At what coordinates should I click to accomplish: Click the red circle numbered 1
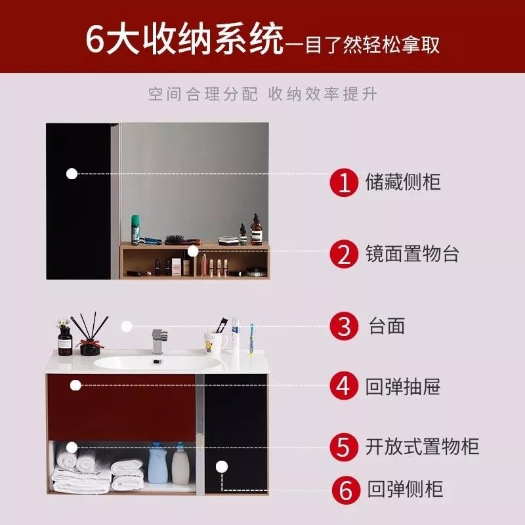[x=345, y=182]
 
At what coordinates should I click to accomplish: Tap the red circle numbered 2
[x=345, y=254]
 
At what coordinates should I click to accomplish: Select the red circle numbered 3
[x=345, y=326]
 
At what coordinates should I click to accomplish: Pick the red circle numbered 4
[x=345, y=386]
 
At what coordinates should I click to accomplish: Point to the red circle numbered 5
[x=345, y=447]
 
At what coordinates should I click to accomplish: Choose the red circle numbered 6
[x=346, y=490]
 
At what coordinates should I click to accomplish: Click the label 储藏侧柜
[x=403, y=182]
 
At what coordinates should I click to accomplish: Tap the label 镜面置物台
[x=412, y=253]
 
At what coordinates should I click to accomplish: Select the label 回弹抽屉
[x=403, y=387]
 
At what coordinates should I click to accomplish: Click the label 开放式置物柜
[x=422, y=446]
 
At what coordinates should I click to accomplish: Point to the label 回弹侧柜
[x=405, y=489]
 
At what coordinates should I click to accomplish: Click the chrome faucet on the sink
[x=159, y=341]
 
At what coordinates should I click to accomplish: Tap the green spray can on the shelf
[x=135, y=230]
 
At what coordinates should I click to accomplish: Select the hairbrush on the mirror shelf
[x=182, y=240]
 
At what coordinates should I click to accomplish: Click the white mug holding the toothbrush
[x=215, y=342]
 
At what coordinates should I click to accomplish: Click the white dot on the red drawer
[x=75, y=385]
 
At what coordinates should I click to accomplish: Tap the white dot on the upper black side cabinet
[x=72, y=174]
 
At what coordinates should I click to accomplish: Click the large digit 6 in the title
[x=95, y=40]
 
